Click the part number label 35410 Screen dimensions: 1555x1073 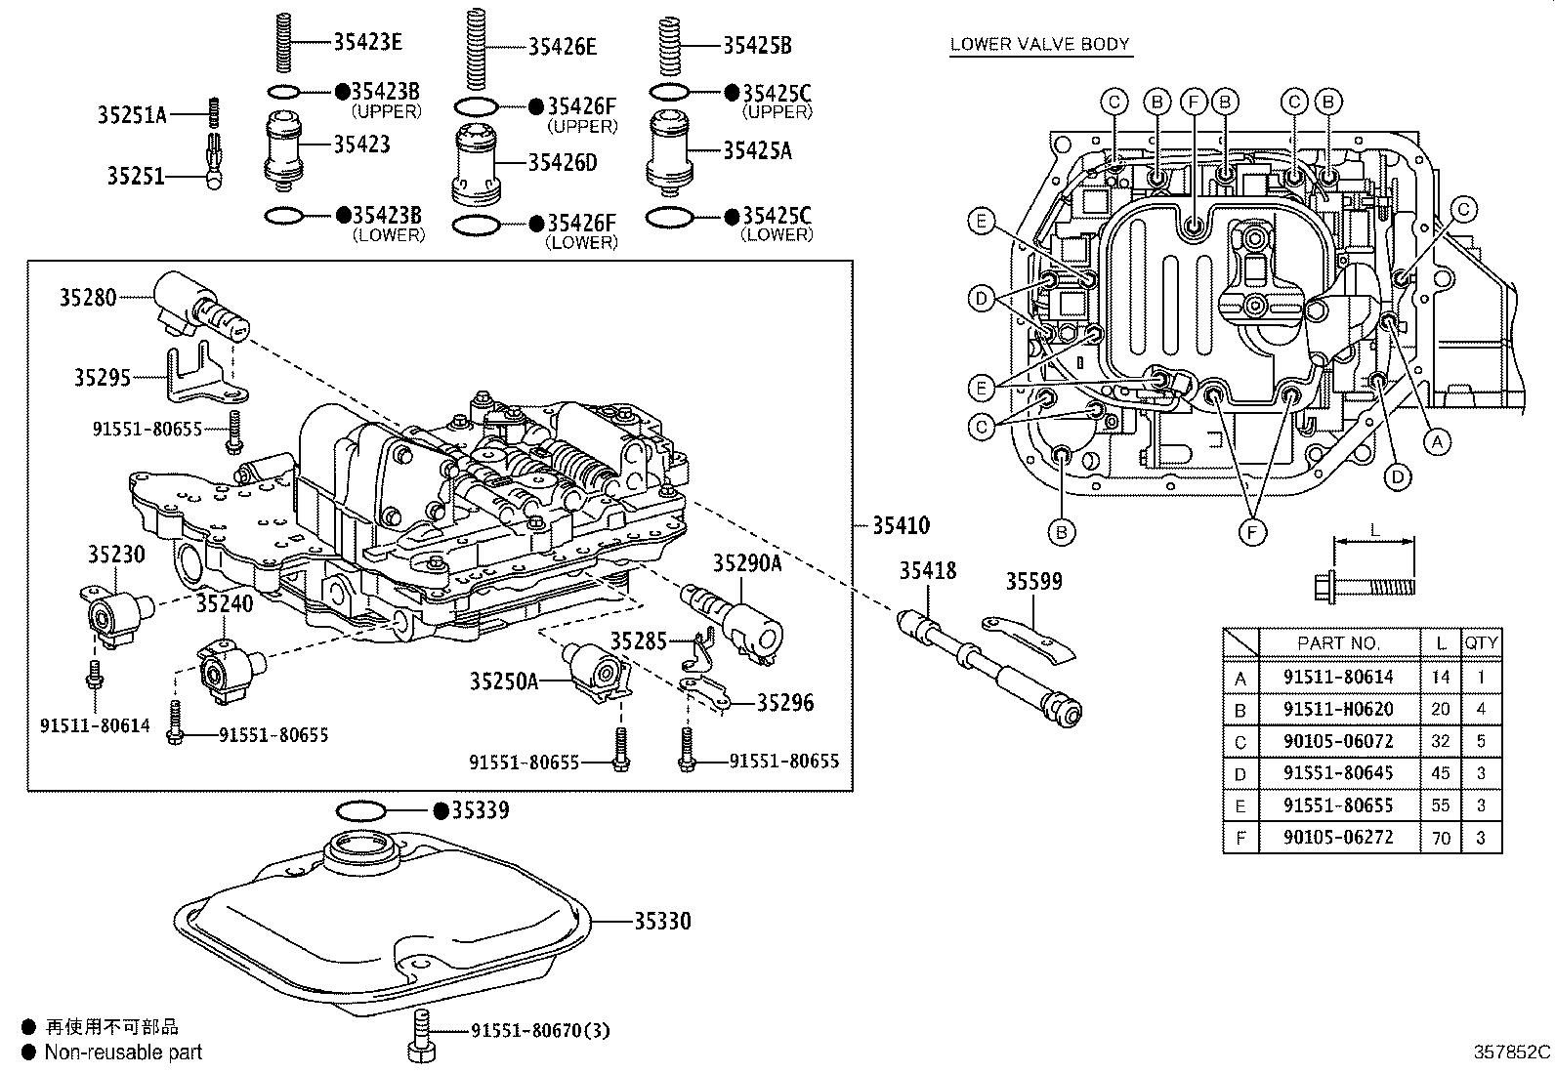901,526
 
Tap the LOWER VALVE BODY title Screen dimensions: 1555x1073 1040,44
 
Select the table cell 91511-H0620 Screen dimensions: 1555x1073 1338,709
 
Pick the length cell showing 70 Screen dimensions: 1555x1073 1441,838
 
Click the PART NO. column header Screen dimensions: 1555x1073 1338,643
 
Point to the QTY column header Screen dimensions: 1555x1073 1482,643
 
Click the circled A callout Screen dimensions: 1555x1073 1437,441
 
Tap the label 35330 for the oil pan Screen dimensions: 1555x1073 662,921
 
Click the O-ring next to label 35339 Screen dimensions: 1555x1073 360,810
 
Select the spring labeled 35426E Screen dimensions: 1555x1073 476,49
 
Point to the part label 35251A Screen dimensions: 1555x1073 132,114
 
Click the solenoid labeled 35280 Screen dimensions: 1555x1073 200,306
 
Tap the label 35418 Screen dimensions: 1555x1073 928,570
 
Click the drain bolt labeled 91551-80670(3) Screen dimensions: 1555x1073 421,1036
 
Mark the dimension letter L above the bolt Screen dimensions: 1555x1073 1374,531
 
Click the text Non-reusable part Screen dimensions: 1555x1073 124,1052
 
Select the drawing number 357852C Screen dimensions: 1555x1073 1511,1052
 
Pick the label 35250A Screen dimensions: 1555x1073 504,681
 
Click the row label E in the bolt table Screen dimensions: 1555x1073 1240,805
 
